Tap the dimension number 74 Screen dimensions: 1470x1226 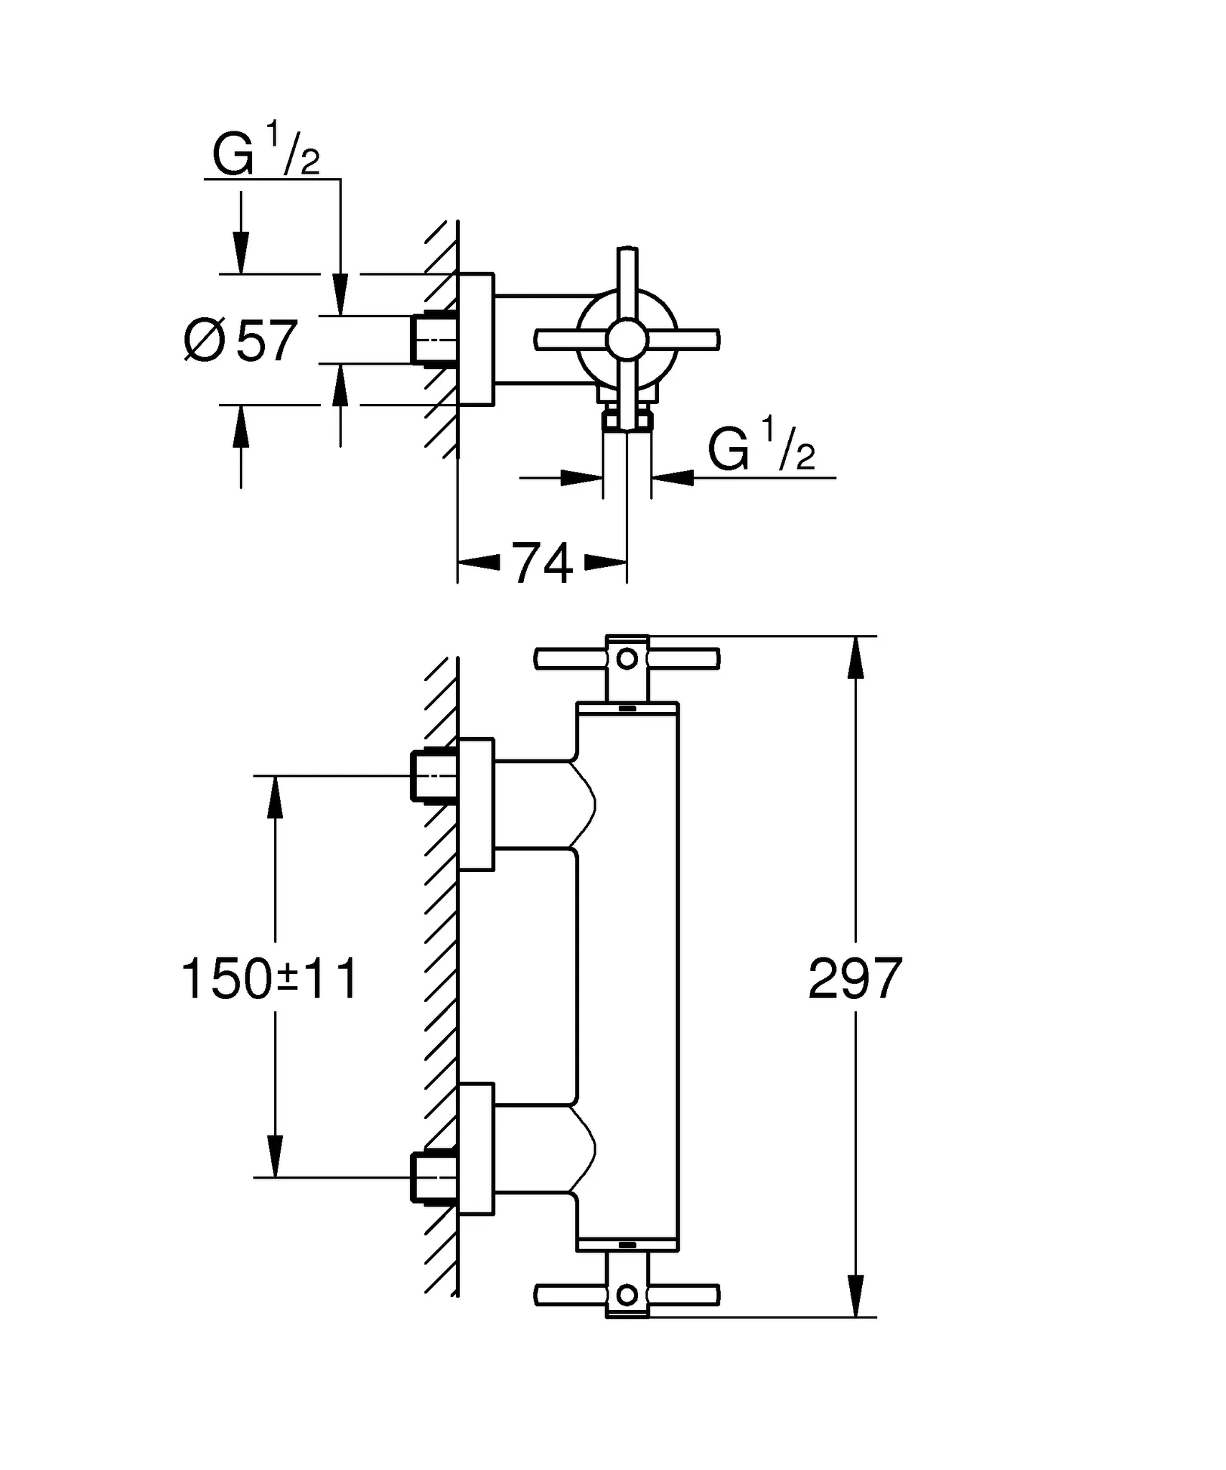point(542,564)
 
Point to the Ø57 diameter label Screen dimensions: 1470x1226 point(241,341)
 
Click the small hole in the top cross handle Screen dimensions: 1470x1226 point(627,658)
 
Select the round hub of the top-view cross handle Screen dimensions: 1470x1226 point(627,340)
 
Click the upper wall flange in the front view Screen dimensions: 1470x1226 point(477,805)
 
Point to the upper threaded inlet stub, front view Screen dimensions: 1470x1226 point(431,776)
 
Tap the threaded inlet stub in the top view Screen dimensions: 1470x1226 point(431,340)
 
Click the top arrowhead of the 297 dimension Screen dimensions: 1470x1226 point(854,655)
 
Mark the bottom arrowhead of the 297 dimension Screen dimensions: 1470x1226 point(854,1298)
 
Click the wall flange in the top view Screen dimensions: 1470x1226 point(477,340)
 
